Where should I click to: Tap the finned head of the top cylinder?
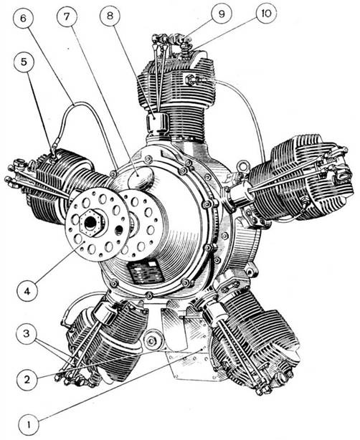[176, 79]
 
